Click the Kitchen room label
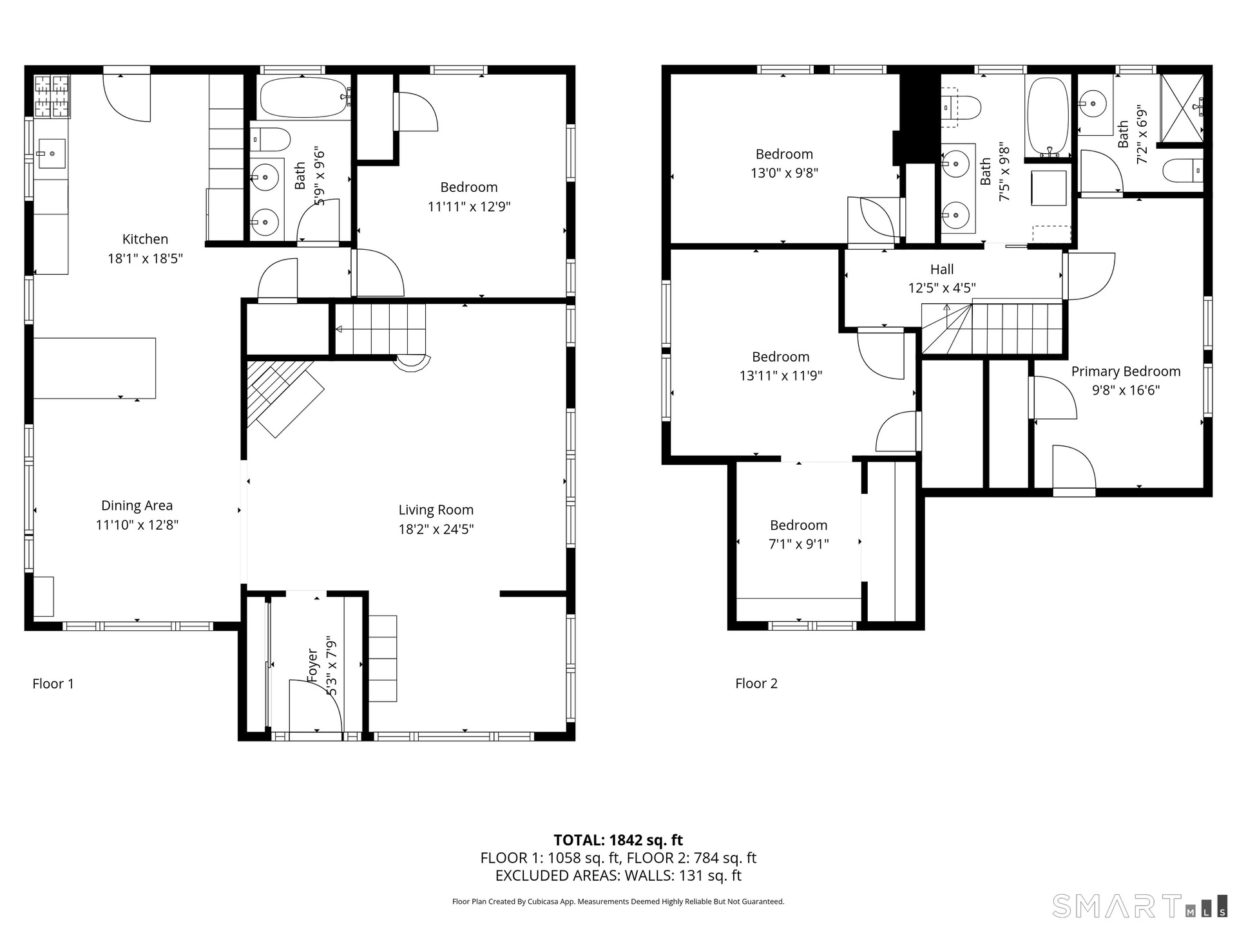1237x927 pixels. tap(145, 239)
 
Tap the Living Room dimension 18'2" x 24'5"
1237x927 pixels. tap(436, 529)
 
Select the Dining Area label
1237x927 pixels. tap(137, 506)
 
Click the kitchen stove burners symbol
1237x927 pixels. tap(52, 97)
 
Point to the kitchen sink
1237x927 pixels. tap(50, 153)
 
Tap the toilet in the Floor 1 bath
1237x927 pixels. tap(271, 138)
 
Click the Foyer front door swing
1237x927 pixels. tap(316, 705)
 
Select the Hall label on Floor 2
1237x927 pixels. tap(942, 269)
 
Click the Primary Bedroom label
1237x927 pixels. tap(1126, 371)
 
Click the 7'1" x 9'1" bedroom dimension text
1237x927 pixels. tap(799, 544)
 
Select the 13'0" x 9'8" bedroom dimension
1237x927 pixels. tap(784, 173)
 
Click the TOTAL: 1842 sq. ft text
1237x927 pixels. tap(618, 840)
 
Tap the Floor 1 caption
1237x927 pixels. tap(53, 684)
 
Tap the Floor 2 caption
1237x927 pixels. tap(756, 684)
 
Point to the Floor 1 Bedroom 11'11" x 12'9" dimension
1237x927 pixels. tap(469, 207)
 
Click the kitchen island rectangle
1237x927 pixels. tap(95, 368)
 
